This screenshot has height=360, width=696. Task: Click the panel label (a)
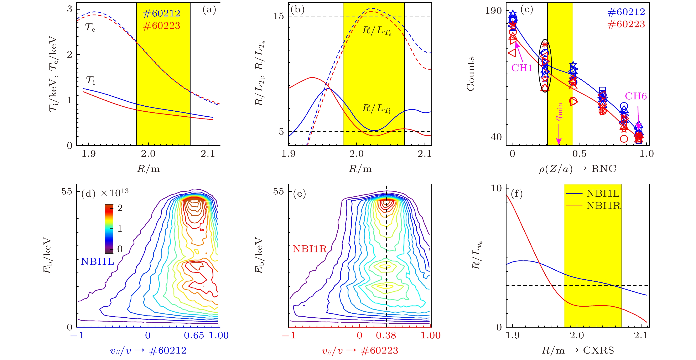tap(209, 10)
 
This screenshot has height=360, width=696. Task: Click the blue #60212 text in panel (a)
tap(161, 13)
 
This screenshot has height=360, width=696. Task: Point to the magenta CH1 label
tap(522, 68)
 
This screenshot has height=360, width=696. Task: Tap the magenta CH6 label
tap(635, 96)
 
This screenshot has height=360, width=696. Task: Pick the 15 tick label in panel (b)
tap(279, 16)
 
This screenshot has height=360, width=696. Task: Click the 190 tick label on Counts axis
tap(493, 11)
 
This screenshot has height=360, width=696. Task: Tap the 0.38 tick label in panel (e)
tap(386, 335)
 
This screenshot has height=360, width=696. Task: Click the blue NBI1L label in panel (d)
tap(98, 261)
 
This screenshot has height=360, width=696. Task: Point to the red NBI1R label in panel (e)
tap(310, 249)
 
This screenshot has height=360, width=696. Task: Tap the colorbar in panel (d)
tap(109, 228)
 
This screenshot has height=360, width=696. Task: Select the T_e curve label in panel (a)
tap(90, 27)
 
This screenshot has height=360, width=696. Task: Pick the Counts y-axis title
tap(471, 73)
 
